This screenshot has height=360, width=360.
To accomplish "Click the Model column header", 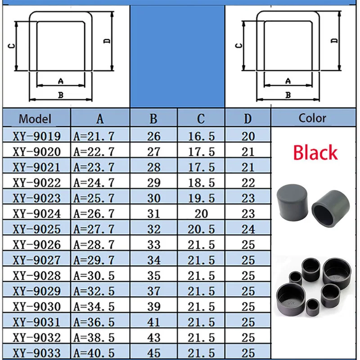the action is coord(35,119).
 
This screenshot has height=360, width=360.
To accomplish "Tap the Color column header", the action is coord(312,118).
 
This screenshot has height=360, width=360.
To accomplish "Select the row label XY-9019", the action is coord(37,136).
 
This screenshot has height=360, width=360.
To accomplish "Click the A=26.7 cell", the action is coord(94,214).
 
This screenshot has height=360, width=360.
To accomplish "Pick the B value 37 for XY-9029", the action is coord(153,291).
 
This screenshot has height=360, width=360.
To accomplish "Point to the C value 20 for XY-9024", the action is coord(201,214).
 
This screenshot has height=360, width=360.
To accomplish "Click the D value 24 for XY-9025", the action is coord(248,229).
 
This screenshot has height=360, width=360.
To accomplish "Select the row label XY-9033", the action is coord(37,353).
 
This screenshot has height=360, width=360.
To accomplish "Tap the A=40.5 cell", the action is coord(94,353).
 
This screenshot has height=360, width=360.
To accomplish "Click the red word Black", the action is coord(315,153).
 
